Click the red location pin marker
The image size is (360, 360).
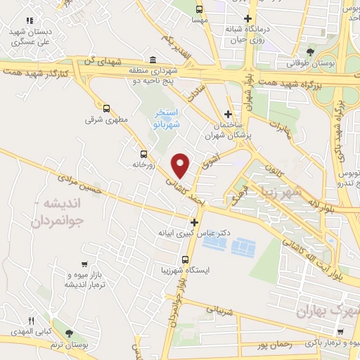(x=181, y=165)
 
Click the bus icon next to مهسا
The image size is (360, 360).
(x=200, y=9)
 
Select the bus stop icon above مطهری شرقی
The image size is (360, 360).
(x=106, y=108)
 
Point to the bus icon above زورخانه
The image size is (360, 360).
(x=144, y=154)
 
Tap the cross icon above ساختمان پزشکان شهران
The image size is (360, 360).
(x=228, y=113)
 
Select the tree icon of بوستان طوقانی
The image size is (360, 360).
(x=311, y=52)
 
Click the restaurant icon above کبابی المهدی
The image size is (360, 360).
(x=30, y=320)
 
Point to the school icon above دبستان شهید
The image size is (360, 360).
(x=29, y=21)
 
